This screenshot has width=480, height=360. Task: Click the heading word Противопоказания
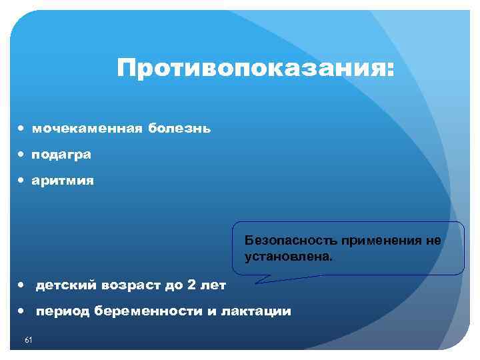coord(255,69)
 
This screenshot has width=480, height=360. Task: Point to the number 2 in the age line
coord(192,285)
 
